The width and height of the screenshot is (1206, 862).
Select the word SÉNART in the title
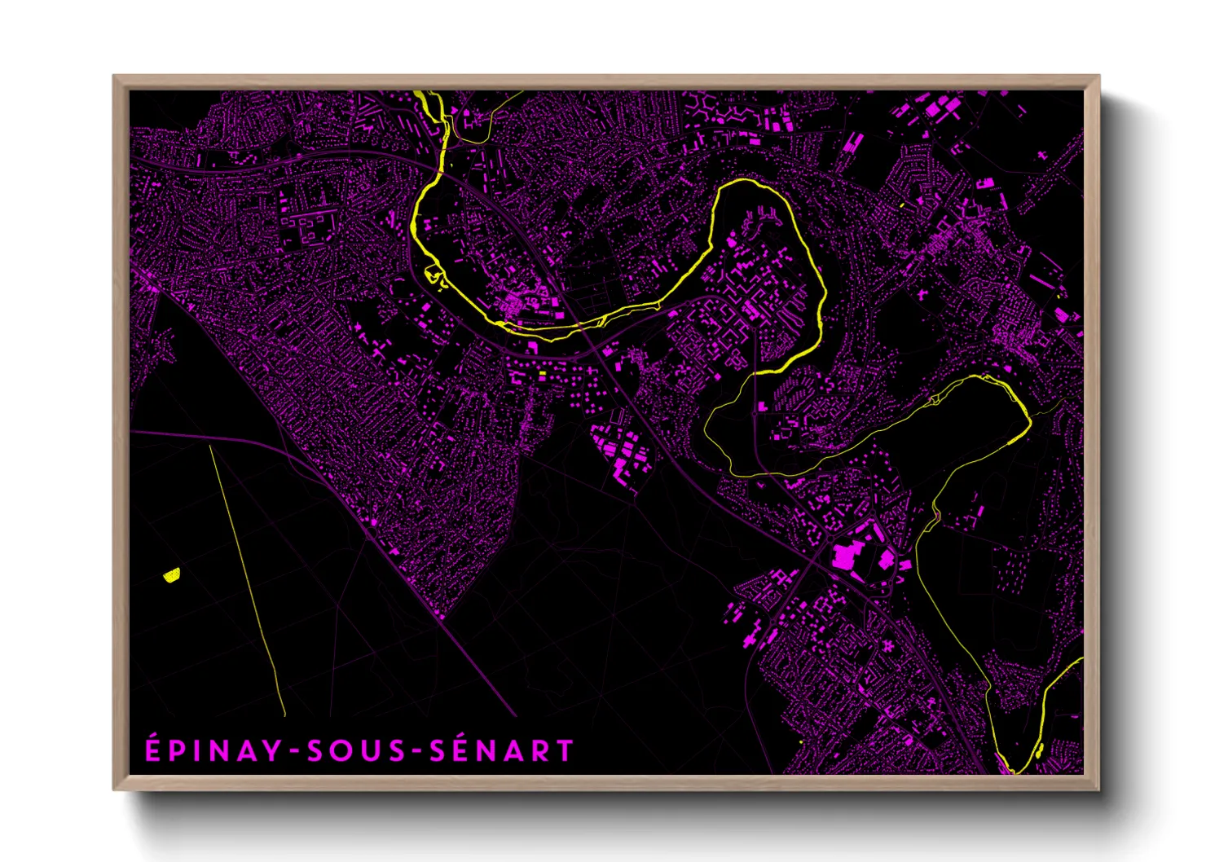(502, 750)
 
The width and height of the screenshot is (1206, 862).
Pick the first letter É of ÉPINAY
(152, 750)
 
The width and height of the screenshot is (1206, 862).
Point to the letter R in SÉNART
(542, 750)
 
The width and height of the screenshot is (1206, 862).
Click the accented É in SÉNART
(461, 750)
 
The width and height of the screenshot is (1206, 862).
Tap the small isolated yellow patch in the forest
(171, 575)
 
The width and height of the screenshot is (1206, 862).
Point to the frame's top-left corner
(113, 76)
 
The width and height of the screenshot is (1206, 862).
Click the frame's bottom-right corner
(1099, 789)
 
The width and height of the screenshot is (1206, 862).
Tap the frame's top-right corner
(1099, 76)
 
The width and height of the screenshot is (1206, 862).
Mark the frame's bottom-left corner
(113, 789)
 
